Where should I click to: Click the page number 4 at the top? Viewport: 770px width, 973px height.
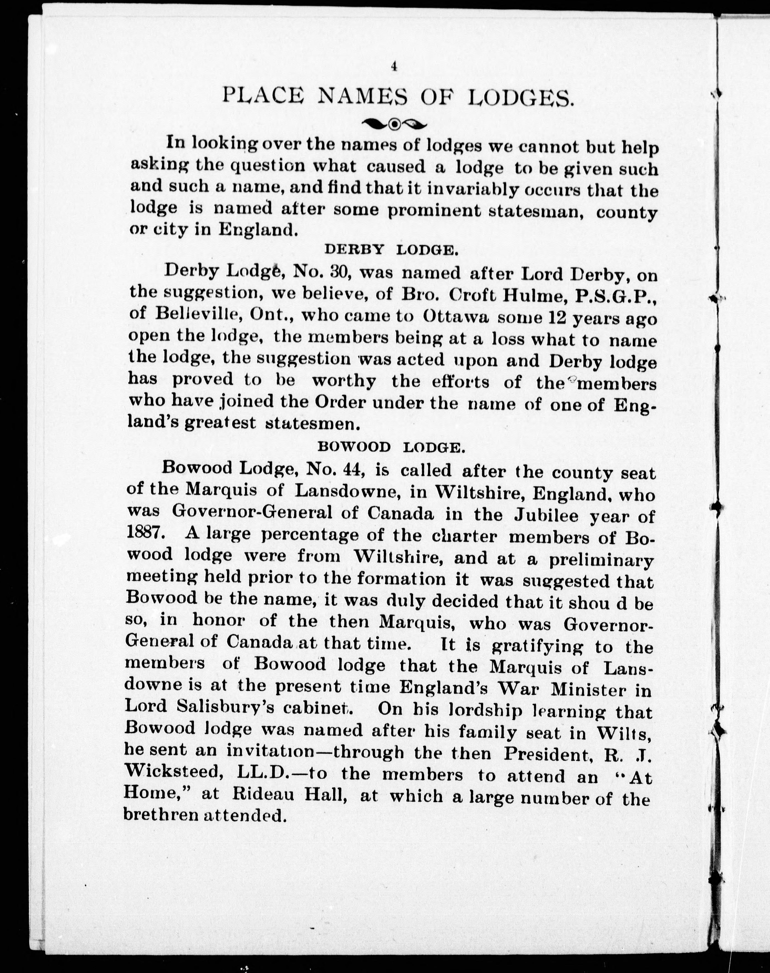[394, 67]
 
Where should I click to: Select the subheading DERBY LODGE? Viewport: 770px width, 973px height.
[391, 250]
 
